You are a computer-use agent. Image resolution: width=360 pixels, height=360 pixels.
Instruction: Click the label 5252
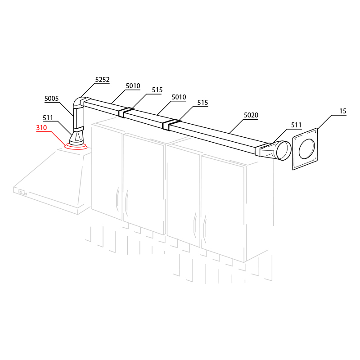point(103,80)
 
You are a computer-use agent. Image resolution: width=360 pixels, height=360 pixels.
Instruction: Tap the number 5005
point(52,99)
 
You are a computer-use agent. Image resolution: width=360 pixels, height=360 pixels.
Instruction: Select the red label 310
point(41,128)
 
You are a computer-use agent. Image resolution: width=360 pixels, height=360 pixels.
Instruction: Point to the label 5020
point(251,115)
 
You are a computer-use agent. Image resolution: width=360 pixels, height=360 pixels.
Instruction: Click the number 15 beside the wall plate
point(343,111)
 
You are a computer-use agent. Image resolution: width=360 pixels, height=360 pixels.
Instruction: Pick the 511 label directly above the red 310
point(48,118)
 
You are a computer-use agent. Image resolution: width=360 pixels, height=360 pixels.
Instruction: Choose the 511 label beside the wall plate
point(296,125)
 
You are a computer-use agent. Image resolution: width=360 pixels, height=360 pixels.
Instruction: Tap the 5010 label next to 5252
point(133,86)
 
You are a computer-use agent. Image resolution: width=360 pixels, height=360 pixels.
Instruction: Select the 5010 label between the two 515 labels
point(179,97)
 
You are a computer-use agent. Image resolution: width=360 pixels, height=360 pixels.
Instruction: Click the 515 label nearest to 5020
point(203,103)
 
